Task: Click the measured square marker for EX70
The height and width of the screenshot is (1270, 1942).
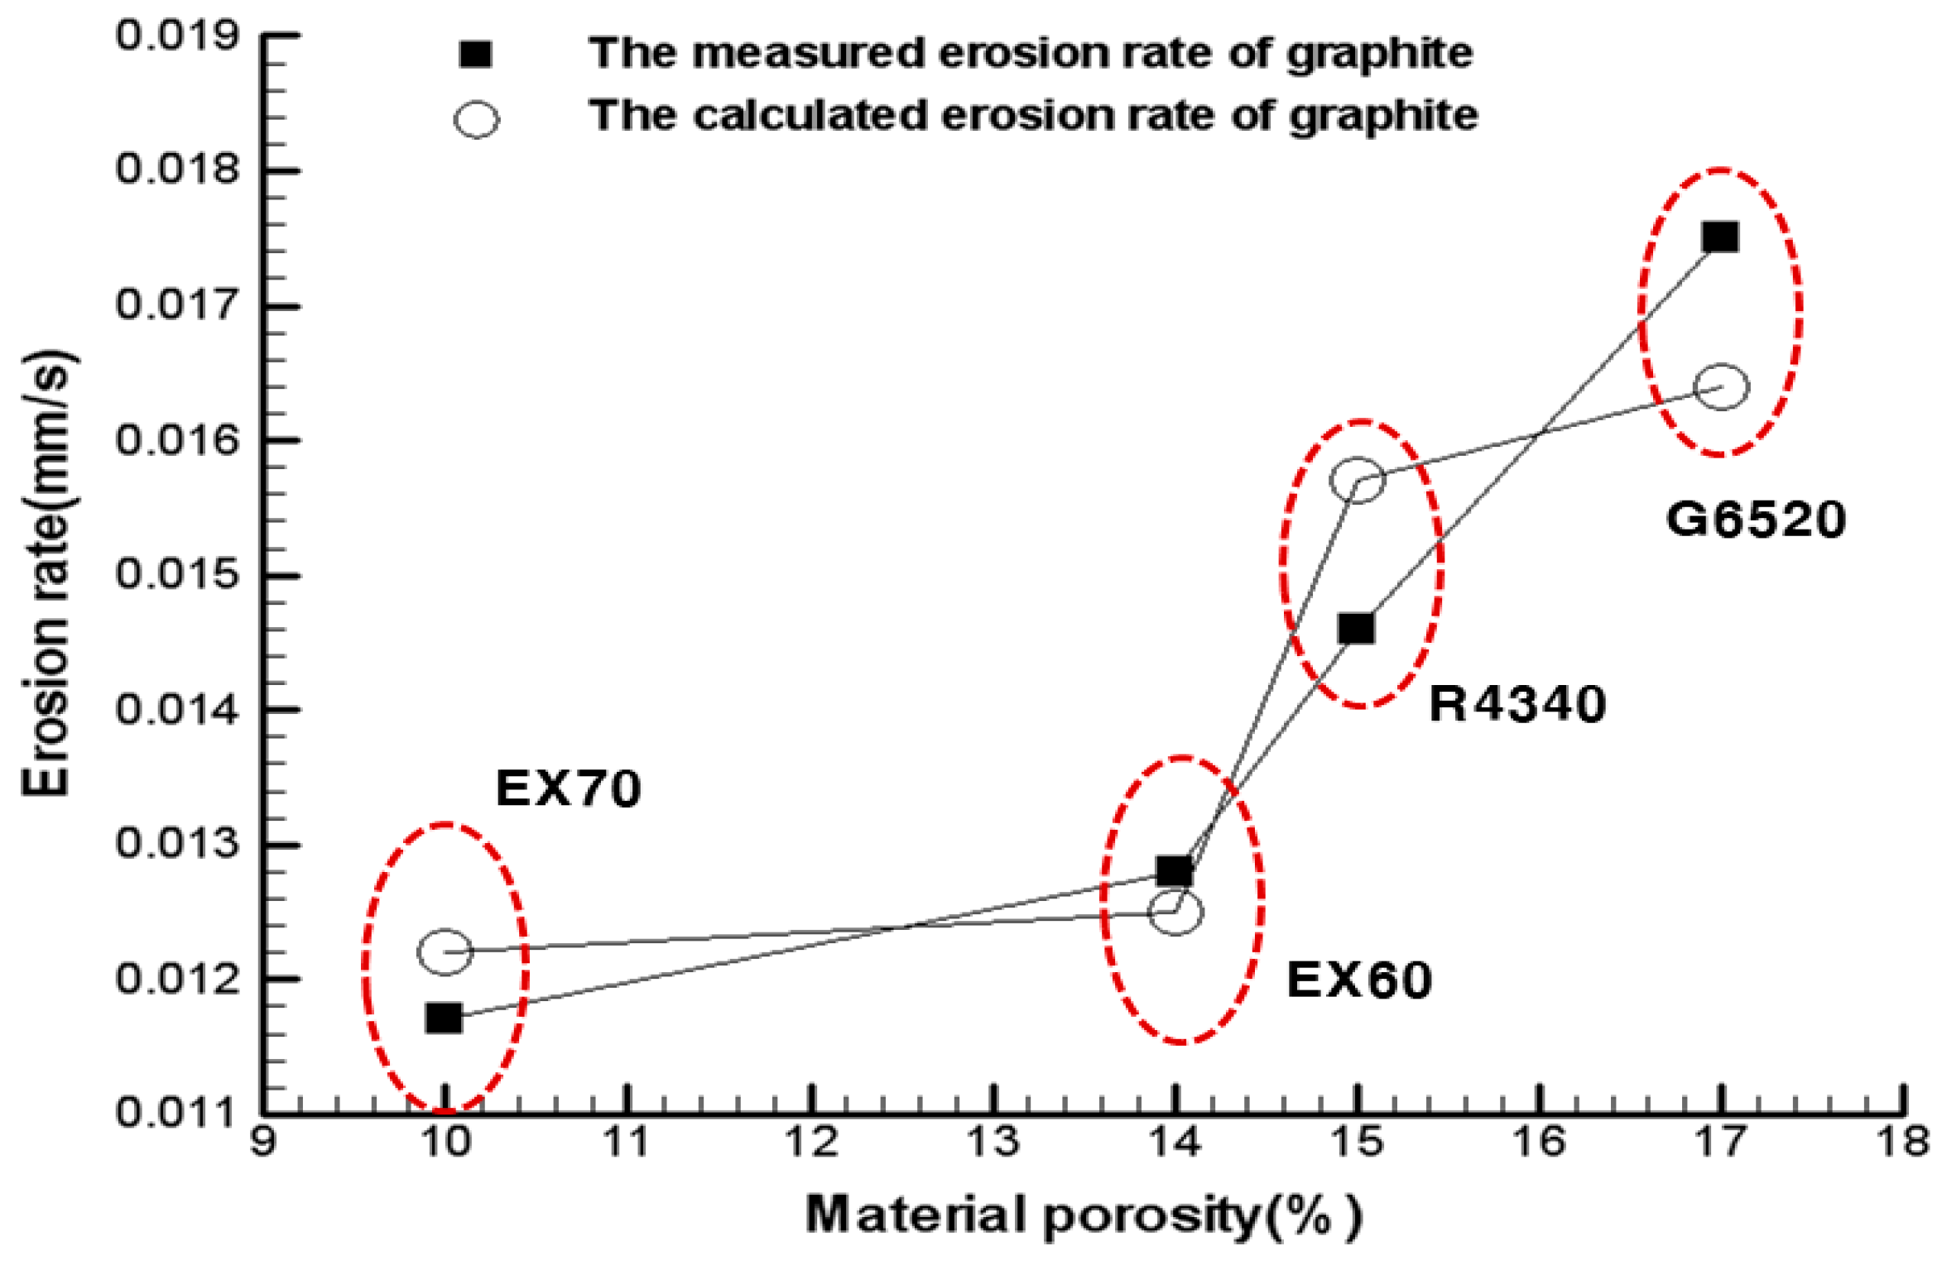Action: (x=444, y=1018)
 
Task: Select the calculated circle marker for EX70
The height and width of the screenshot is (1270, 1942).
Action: (x=445, y=951)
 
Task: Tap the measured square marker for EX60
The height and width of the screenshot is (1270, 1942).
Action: (x=1175, y=871)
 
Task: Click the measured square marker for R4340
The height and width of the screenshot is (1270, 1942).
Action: (x=1356, y=629)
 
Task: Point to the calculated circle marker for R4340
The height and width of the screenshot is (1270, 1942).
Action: (x=1358, y=479)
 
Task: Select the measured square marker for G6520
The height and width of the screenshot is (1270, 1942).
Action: (x=1720, y=237)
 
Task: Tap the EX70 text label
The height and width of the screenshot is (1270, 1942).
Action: (x=568, y=788)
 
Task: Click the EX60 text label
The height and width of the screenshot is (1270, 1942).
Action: (x=1359, y=980)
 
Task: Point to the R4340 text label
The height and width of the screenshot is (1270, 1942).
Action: (x=1517, y=705)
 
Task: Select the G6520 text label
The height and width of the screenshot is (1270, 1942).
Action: (x=1756, y=520)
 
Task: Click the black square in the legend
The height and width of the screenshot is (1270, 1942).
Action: (x=476, y=55)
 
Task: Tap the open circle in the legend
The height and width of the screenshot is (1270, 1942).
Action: (x=476, y=119)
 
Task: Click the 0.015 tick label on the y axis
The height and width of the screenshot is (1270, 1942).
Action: (x=177, y=573)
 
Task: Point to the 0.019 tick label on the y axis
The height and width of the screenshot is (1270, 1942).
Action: (x=177, y=36)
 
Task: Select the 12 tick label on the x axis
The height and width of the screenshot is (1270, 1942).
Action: (x=811, y=1143)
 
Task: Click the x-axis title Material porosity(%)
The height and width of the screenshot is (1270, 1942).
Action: (x=1083, y=1215)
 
